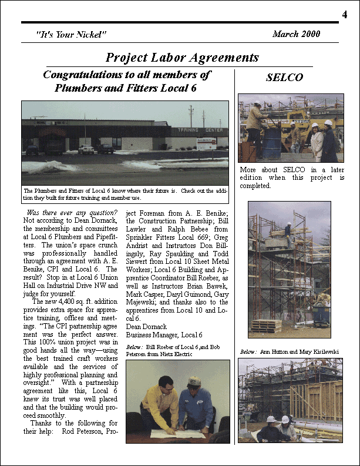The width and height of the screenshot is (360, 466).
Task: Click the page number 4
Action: [344, 14]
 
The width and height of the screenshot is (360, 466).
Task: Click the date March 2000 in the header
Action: [296, 34]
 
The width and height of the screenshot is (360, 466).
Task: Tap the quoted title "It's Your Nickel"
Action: [71, 35]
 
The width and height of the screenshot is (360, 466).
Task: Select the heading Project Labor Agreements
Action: [182, 57]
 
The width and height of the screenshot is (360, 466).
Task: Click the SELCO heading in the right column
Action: [284, 78]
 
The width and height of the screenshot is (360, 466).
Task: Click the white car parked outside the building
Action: [86, 149]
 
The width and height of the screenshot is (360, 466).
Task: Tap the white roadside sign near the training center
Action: [206, 143]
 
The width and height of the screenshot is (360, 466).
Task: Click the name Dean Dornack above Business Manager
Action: [147, 326]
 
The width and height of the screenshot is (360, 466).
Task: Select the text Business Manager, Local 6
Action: [164, 335]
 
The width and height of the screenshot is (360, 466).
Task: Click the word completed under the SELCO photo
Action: [255, 186]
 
